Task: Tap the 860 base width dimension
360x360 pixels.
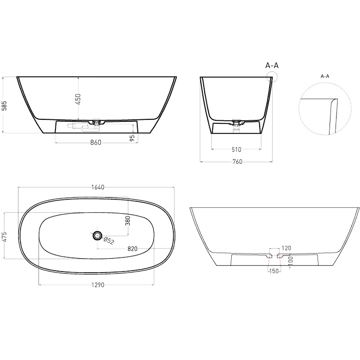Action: [x=96, y=143]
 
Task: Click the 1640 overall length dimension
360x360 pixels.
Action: [x=97, y=187]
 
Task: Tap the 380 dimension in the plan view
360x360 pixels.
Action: [x=127, y=220]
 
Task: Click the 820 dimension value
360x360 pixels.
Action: [x=132, y=248]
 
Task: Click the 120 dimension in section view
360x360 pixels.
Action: [x=286, y=248]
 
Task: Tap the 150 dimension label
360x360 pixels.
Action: [x=274, y=271]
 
